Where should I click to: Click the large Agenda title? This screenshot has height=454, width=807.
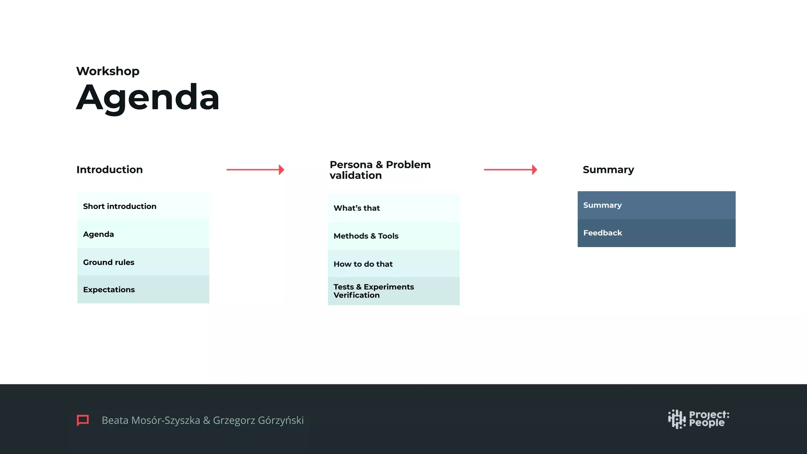[148, 97]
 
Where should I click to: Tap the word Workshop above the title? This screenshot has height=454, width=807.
[108, 71]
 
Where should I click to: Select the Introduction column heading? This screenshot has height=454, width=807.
[110, 169]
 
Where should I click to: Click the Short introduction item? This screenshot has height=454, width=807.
[120, 206]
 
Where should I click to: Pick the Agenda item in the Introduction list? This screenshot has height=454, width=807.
[99, 234]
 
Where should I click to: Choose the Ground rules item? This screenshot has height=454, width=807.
[109, 262]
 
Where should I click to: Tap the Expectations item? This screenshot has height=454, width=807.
[109, 290]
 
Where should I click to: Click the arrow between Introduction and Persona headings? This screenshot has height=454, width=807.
[255, 169]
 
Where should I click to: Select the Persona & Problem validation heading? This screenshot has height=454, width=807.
[380, 170]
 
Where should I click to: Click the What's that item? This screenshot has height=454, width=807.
[357, 208]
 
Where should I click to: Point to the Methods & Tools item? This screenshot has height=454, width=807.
[366, 236]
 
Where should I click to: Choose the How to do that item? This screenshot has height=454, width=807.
[363, 264]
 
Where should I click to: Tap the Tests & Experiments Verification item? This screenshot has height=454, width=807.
[374, 291]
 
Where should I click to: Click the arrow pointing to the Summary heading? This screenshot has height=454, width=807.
[510, 169]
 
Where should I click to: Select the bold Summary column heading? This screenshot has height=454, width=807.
[608, 169]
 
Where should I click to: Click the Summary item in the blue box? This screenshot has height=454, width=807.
[602, 205]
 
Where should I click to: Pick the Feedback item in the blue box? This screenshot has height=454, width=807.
[602, 233]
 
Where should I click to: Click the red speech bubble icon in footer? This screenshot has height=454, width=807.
[83, 420]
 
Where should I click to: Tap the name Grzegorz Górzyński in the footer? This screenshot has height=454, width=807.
[258, 421]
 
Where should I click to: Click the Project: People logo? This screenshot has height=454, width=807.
[698, 419]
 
